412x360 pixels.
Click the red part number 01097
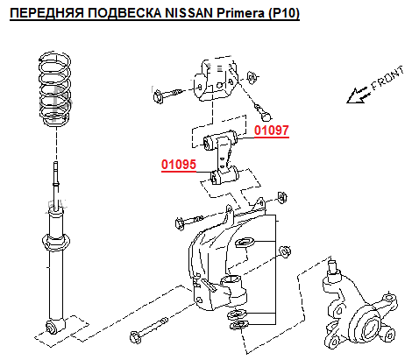pos(272,131)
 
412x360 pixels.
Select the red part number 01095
pos(179,165)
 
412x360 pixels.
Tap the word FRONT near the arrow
pos(387,78)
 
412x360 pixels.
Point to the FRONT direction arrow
pos(358,95)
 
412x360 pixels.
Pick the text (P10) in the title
pos(283,13)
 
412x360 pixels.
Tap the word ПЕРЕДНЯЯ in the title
pos(47,13)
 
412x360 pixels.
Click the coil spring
pos(55,89)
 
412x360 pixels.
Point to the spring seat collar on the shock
pos(55,242)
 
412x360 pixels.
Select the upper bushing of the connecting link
pos(222,140)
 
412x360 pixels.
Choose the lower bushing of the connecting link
pos(224,175)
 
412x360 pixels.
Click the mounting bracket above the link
pos(216,80)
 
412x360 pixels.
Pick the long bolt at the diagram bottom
pos(149,331)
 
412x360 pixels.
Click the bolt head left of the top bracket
pos(158,96)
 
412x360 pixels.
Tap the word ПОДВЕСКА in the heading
pos(124,13)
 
